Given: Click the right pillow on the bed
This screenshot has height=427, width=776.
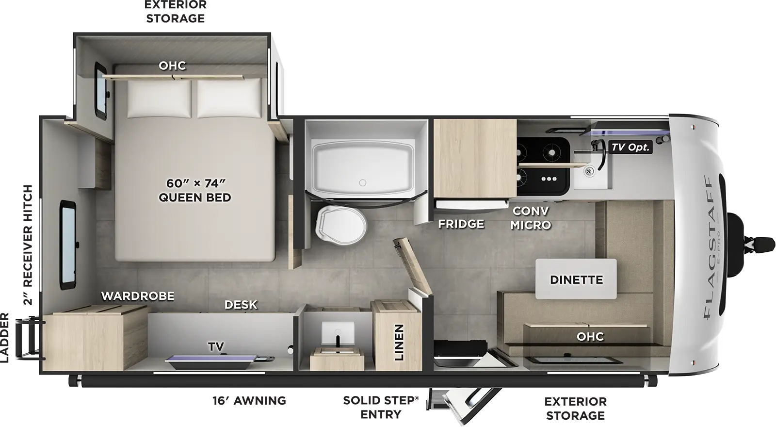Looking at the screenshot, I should pos(228,99).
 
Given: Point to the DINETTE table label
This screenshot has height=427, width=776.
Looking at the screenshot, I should pos(576,279).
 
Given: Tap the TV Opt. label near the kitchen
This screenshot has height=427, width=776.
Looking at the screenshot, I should pos(630,147).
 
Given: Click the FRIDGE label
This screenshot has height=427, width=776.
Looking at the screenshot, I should pos(461,224).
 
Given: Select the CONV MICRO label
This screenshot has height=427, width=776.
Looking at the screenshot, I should pos(531,218).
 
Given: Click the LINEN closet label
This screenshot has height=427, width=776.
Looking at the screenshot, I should pos(399,343).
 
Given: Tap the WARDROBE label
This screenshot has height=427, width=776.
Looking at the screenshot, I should pos(137,296).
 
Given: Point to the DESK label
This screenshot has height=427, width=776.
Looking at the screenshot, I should pos(241,304).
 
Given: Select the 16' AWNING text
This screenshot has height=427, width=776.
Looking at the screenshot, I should pos(249,400).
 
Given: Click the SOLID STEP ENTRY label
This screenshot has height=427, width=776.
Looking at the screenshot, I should pos(381,407).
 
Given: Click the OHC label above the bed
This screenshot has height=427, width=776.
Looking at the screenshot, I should pos(172,66).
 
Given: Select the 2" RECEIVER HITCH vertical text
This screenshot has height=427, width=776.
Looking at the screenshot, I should pos(28,245).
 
